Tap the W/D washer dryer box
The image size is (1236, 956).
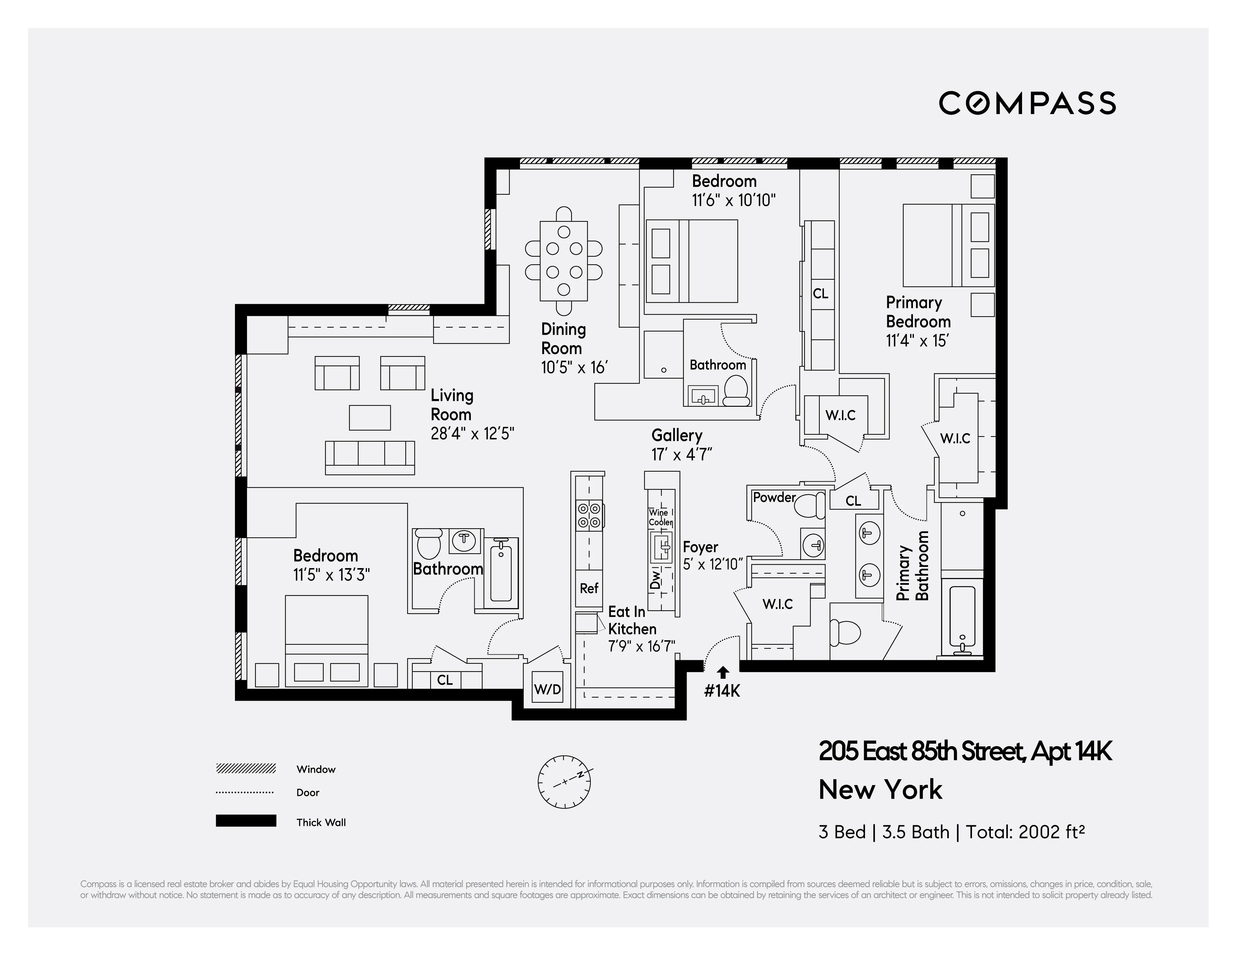[547, 689]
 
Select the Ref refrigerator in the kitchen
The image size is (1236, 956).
[589, 588]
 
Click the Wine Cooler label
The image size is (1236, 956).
[660, 517]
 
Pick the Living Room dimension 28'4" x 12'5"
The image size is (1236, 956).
[472, 434]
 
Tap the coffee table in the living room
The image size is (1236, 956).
[369, 418]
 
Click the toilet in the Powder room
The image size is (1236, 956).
[810, 505]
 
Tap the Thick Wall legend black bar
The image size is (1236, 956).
[245, 821]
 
